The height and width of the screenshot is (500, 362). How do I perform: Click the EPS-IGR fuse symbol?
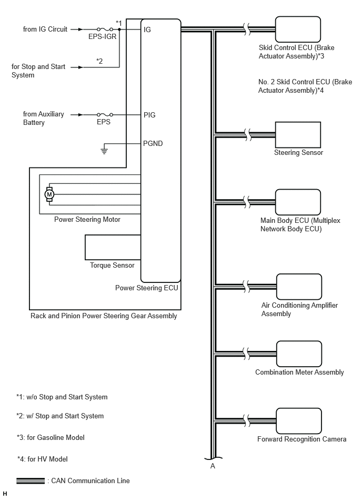point(105,29)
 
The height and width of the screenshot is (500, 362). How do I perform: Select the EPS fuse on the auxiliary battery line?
point(105,114)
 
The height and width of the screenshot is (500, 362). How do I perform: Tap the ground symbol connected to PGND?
point(104,151)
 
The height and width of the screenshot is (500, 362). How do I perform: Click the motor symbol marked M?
point(49,194)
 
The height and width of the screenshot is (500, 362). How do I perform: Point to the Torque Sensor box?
point(113,247)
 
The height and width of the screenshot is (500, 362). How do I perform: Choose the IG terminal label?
point(147,30)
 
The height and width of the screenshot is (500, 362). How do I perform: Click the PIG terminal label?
point(149,115)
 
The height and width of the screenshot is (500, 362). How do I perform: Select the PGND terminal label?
point(153,143)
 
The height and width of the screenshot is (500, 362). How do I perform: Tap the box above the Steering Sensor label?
point(298,134)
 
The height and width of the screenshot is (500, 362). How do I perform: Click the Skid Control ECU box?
point(298,30)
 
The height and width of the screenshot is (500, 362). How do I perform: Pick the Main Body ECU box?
point(298,202)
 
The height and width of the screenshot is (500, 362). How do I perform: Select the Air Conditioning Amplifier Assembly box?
point(299,287)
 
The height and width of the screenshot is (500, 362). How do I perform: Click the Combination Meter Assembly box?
point(299,354)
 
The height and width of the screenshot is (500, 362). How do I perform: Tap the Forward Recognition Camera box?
point(299,421)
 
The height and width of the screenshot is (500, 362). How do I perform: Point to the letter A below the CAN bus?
point(213,466)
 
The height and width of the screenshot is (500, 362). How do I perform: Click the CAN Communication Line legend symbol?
point(31,481)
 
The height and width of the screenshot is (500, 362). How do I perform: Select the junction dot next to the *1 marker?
point(119,29)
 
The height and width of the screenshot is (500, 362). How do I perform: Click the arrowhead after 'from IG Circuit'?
point(81,29)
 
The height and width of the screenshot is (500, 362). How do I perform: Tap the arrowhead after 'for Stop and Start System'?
point(81,67)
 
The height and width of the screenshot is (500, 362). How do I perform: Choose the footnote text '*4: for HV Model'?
point(42,459)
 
